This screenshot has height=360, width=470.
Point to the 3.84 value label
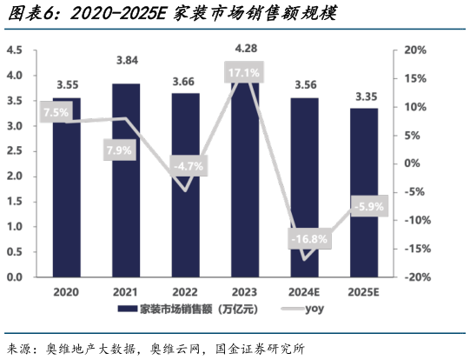pyautogui.click(x=126, y=60)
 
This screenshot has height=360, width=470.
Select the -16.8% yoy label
pyautogui.click(x=307, y=239)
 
